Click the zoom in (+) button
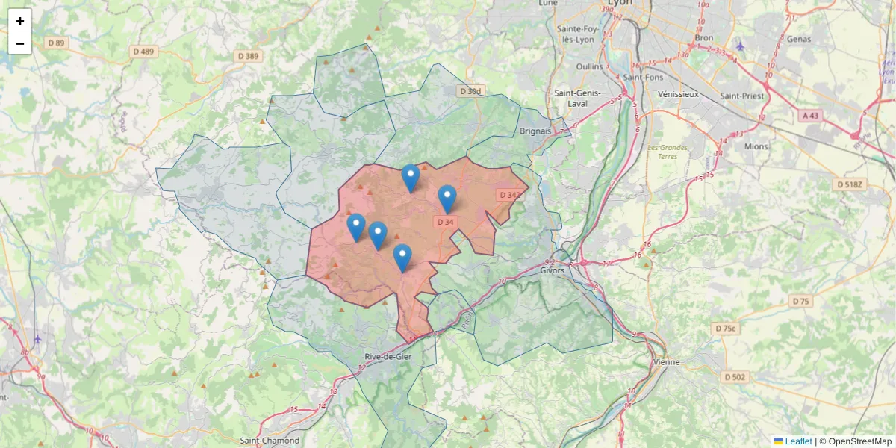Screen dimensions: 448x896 [x=20, y=21]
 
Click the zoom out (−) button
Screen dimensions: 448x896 [x=20, y=43]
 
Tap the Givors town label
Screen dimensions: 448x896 [x=552, y=270]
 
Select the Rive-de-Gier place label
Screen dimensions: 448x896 [x=388, y=356]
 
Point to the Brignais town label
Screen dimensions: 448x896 [x=535, y=131]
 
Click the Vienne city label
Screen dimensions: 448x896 [x=666, y=362]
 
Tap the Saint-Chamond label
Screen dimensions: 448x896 [x=270, y=441]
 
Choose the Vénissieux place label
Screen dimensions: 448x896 [x=679, y=94]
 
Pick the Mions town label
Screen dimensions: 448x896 [x=756, y=146]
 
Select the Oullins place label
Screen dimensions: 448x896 [x=590, y=66]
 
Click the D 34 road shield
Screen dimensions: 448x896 [x=444, y=222]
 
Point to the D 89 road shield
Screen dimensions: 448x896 [x=56, y=43]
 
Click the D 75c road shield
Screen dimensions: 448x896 [x=725, y=329]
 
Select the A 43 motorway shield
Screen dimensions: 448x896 [x=810, y=116]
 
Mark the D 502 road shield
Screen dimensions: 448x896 [x=735, y=377]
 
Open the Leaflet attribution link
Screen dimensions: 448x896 [x=798, y=441]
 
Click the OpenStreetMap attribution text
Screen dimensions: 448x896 [x=859, y=441]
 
